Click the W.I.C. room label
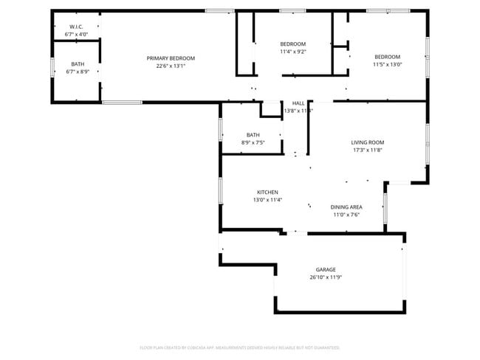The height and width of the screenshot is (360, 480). (x=75, y=27)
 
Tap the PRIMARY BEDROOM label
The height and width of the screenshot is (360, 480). (x=171, y=58)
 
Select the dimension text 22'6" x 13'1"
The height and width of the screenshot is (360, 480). (x=171, y=66)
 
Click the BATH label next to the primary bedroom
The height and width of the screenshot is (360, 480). (x=77, y=64)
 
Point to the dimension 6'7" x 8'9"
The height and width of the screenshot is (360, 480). (x=77, y=72)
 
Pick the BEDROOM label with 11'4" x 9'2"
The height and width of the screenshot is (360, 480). (x=292, y=44)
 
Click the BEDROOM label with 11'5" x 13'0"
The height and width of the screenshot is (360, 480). (x=387, y=57)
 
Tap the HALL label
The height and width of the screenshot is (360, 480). (x=298, y=103)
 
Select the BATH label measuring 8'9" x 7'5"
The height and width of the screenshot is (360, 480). (x=253, y=135)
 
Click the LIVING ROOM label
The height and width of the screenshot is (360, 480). (x=367, y=142)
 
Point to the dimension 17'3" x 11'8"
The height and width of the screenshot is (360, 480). (x=367, y=150)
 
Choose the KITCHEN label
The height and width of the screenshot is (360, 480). (x=267, y=192)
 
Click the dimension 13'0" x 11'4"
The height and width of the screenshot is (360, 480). (x=267, y=199)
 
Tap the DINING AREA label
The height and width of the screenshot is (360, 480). (x=346, y=207)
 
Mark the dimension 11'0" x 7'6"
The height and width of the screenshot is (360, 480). (x=346, y=215)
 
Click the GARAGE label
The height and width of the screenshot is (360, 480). (x=326, y=270)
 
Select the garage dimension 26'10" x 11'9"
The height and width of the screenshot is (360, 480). (x=326, y=277)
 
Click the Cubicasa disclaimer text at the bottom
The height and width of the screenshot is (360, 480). (x=240, y=347)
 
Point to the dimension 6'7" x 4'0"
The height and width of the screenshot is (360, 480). (x=75, y=34)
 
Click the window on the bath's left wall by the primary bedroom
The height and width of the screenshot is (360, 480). (x=52, y=67)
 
